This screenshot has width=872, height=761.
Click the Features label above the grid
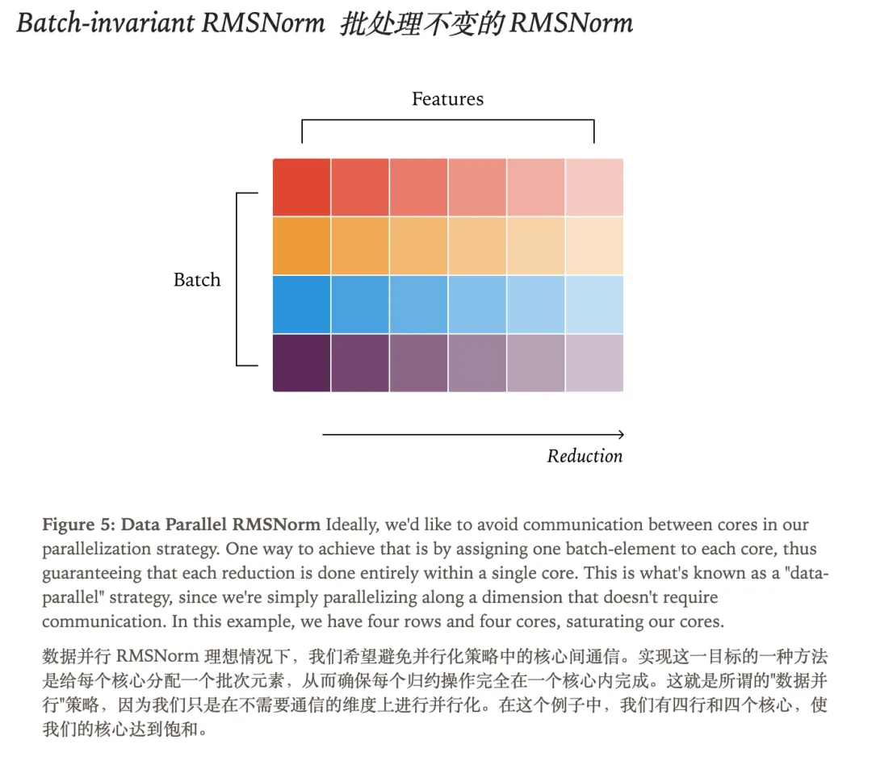coord(447,99)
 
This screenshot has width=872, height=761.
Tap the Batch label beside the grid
coord(197,280)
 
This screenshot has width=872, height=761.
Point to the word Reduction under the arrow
coord(585,456)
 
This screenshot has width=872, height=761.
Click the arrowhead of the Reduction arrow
coord(619,434)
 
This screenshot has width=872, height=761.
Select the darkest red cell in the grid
coord(301,187)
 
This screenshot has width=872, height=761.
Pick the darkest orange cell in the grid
coord(301,245)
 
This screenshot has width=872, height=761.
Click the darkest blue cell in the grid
coord(301,304)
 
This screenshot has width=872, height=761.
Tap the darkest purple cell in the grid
coord(301,362)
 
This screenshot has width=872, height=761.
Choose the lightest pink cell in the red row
coord(594,187)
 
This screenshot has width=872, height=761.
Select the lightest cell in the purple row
coord(594,362)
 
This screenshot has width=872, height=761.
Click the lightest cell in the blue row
coord(594,304)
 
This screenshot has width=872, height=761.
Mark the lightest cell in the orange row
coord(594,245)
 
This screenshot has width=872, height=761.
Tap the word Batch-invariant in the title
coord(103,23)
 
